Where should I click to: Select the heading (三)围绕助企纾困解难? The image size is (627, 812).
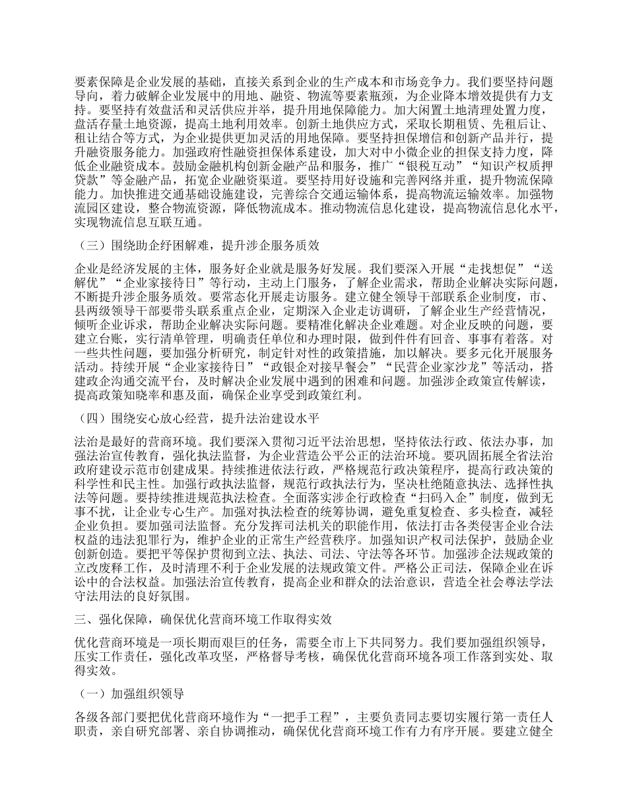tap(198, 246)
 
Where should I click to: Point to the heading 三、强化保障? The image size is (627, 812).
tap(204, 620)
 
